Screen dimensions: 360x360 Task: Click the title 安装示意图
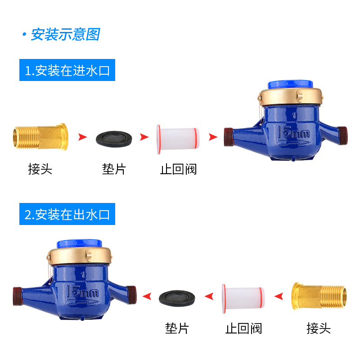coord(65,35)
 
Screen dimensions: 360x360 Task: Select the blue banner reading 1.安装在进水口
coord(67,70)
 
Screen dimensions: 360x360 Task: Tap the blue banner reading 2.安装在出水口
coord(67,214)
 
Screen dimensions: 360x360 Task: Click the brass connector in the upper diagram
coord(40,137)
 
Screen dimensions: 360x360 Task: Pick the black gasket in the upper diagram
coord(114,139)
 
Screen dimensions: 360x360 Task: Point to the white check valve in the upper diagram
coord(178,139)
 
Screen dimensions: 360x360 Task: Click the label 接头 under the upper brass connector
coord(40,169)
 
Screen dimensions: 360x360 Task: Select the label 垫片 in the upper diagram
coord(114,169)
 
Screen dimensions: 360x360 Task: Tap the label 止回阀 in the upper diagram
coord(178,169)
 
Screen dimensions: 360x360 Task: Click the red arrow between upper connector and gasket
coord(82,137)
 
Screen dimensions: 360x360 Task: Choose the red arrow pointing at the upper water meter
coord(213,137)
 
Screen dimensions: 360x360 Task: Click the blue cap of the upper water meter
coord(290,85)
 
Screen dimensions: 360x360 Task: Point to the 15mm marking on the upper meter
coord(293,132)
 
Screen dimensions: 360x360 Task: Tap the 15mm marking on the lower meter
coord(82,291)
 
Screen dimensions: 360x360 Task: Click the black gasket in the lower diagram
coord(177,298)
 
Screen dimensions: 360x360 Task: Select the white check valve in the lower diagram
coord(243,299)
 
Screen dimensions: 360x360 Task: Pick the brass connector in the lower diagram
coord(319,296)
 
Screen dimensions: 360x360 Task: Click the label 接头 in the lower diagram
coord(319,328)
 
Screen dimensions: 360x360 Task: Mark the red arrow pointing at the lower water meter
coord(147,296)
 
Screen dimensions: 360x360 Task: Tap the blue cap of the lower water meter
coord(79,244)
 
